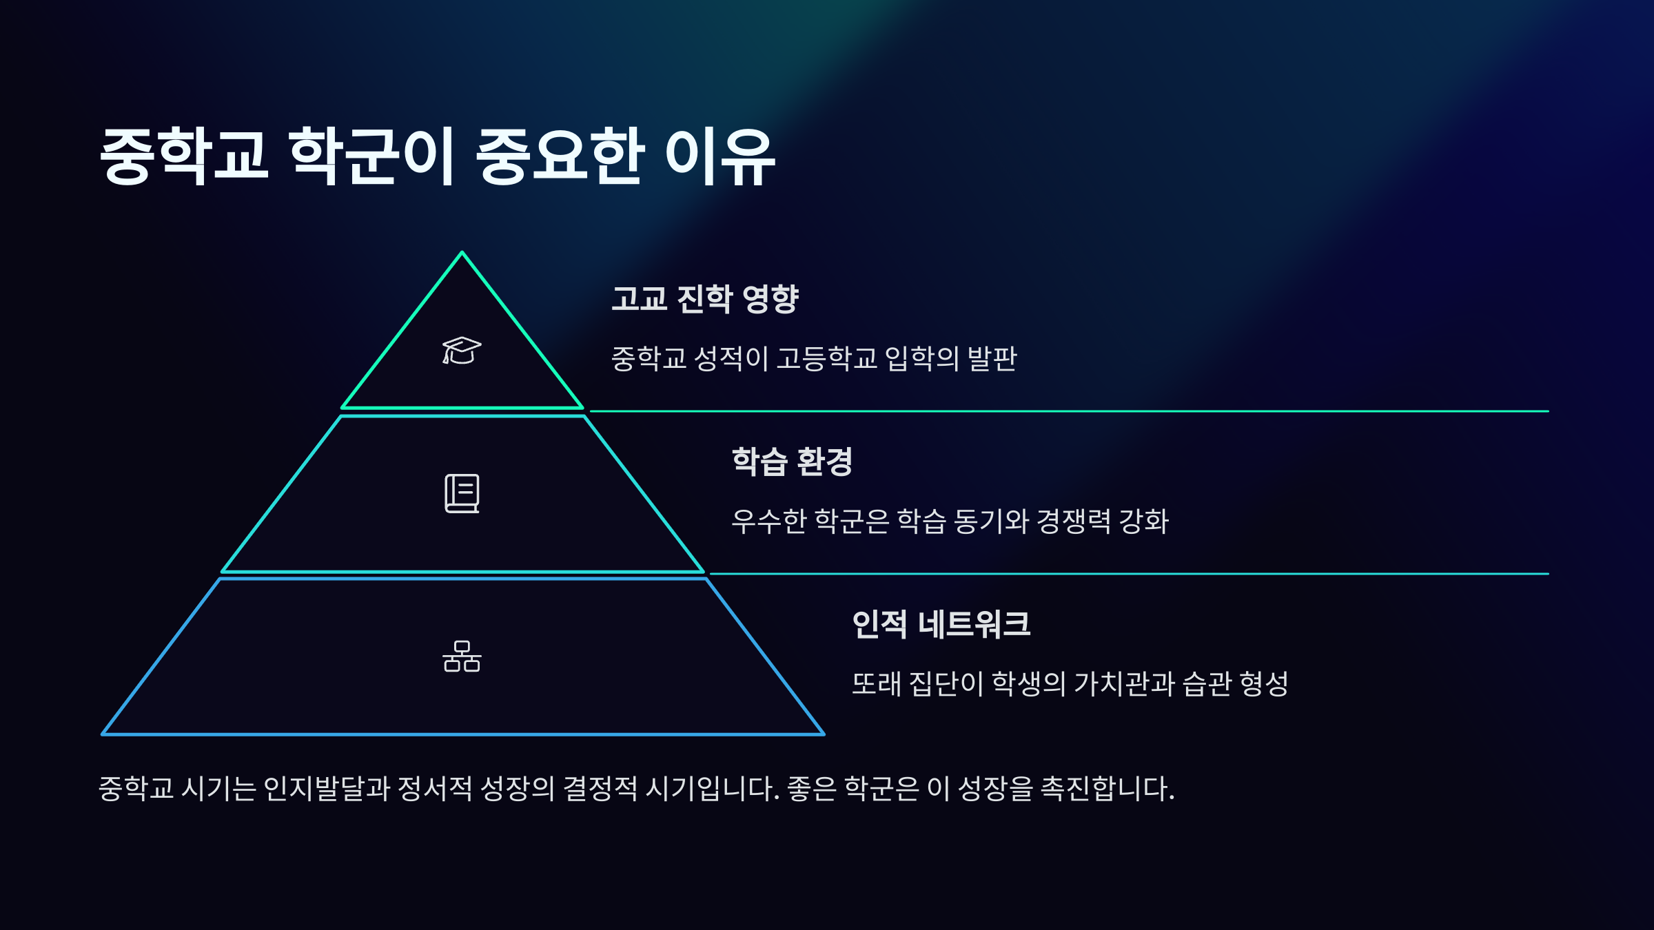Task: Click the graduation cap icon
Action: pyautogui.click(x=462, y=351)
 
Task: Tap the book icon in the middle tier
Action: pyautogui.click(x=462, y=493)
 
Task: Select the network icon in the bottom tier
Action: pyautogui.click(x=462, y=656)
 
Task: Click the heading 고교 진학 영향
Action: pyautogui.click(x=704, y=299)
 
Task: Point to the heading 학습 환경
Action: pyautogui.click(x=792, y=462)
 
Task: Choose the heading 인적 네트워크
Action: pyautogui.click(x=941, y=624)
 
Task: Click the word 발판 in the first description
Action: pyautogui.click(x=992, y=358)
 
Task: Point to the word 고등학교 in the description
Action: pyautogui.click(x=826, y=358)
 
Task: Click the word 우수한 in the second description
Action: pyautogui.click(x=768, y=521)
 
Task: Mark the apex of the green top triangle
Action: pyautogui.click(x=462, y=254)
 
